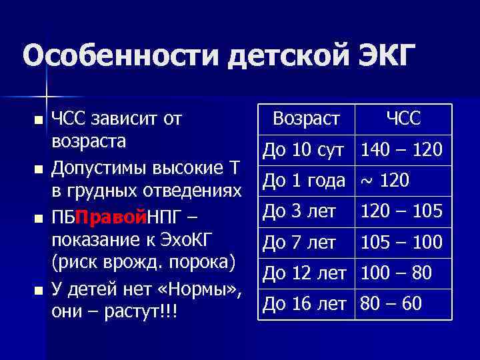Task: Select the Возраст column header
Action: tap(307, 119)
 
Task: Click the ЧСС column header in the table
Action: tap(403, 119)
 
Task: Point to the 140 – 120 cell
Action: tap(401, 150)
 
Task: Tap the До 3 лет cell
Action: tap(299, 211)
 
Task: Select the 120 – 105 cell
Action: tap(401, 211)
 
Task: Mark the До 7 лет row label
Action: tap(299, 242)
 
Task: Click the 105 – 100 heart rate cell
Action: tap(401, 242)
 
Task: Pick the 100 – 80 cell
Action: tap(396, 273)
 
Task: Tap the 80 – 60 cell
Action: tap(391, 303)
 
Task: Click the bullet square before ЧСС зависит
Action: tap(38, 120)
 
